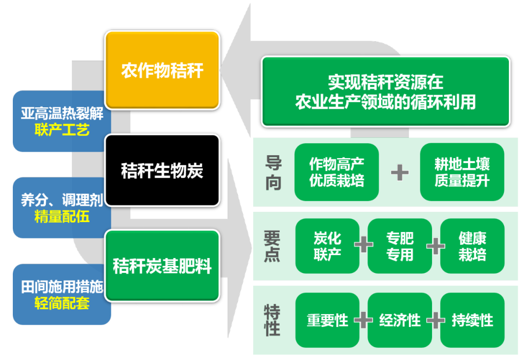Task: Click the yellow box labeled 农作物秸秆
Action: pyautogui.click(x=162, y=70)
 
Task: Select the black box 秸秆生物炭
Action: pyautogui.click(x=162, y=170)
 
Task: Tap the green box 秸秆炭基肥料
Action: pyautogui.click(x=162, y=266)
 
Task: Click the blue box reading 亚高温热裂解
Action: pyautogui.click(x=62, y=114)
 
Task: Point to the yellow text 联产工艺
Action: pyautogui.click(x=62, y=131)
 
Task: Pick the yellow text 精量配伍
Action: pyautogui.click(x=62, y=217)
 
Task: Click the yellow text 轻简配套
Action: pyautogui.click(x=62, y=303)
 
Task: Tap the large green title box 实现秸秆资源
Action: pyautogui.click(x=386, y=92)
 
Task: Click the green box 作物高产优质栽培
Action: pyautogui.click(x=337, y=172)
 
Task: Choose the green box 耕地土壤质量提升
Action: pyautogui.click(x=462, y=172)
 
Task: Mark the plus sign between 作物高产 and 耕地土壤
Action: pyautogui.click(x=399, y=172)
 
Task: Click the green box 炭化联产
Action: pyautogui.click(x=327, y=246)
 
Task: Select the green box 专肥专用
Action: pyautogui.click(x=399, y=246)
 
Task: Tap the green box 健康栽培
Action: pyautogui.click(x=472, y=246)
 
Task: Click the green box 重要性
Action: pyautogui.click(x=327, y=320)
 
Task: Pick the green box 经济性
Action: pyautogui.click(x=399, y=320)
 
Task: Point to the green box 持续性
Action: pyautogui.click(x=472, y=320)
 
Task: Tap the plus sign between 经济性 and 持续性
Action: pyautogui.click(x=436, y=320)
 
